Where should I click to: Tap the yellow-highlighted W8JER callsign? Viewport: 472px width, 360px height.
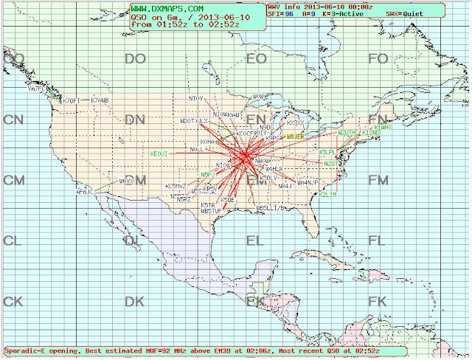click(x=294, y=136)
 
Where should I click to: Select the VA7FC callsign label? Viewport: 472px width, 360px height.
click(x=36, y=89)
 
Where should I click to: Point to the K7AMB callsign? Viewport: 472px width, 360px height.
click(x=100, y=100)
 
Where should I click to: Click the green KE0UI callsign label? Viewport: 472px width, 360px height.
click(x=159, y=154)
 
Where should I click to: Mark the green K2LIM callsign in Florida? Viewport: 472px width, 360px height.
click(x=327, y=195)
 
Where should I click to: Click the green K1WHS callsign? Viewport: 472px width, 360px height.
click(x=383, y=127)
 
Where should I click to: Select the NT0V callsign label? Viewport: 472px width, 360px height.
click(x=195, y=98)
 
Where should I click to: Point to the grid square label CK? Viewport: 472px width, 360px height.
click(x=13, y=301)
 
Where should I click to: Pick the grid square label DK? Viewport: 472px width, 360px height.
click(x=134, y=301)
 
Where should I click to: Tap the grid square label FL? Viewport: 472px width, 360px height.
click(x=377, y=240)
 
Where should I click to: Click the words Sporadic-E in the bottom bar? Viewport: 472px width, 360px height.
click(x=27, y=350)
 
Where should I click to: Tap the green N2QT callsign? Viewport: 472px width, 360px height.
click(x=329, y=164)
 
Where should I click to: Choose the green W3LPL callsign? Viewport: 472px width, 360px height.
click(x=327, y=151)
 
